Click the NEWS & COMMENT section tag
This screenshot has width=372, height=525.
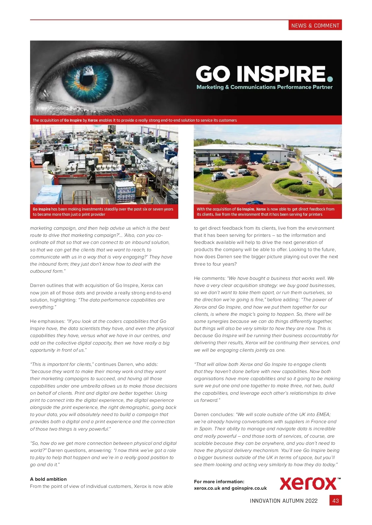click(x=315, y=25)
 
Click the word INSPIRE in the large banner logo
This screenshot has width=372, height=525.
click(x=281, y=74)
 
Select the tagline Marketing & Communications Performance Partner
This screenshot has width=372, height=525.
click(x=264, y=87)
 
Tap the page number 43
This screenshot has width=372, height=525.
click(x=335, y=501)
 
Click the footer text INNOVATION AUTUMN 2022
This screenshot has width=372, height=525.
click(x=284, y=501)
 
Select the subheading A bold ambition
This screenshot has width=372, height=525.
click(x=48, y=479)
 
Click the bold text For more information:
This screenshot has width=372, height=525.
click(x=219, y=481)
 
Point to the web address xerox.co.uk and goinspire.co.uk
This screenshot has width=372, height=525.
click(x=230, y=488)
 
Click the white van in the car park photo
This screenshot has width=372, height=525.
click(x=232, y=172)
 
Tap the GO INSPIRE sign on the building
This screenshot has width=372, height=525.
click(x=258, y=154)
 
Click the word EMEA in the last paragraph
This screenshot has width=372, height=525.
click(x=323, y=414)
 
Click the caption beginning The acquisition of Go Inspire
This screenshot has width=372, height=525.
click(x=135, y=120)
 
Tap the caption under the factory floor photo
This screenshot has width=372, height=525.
click(x=103, y=212)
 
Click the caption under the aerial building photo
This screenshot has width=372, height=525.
click(x=265, y=212)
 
